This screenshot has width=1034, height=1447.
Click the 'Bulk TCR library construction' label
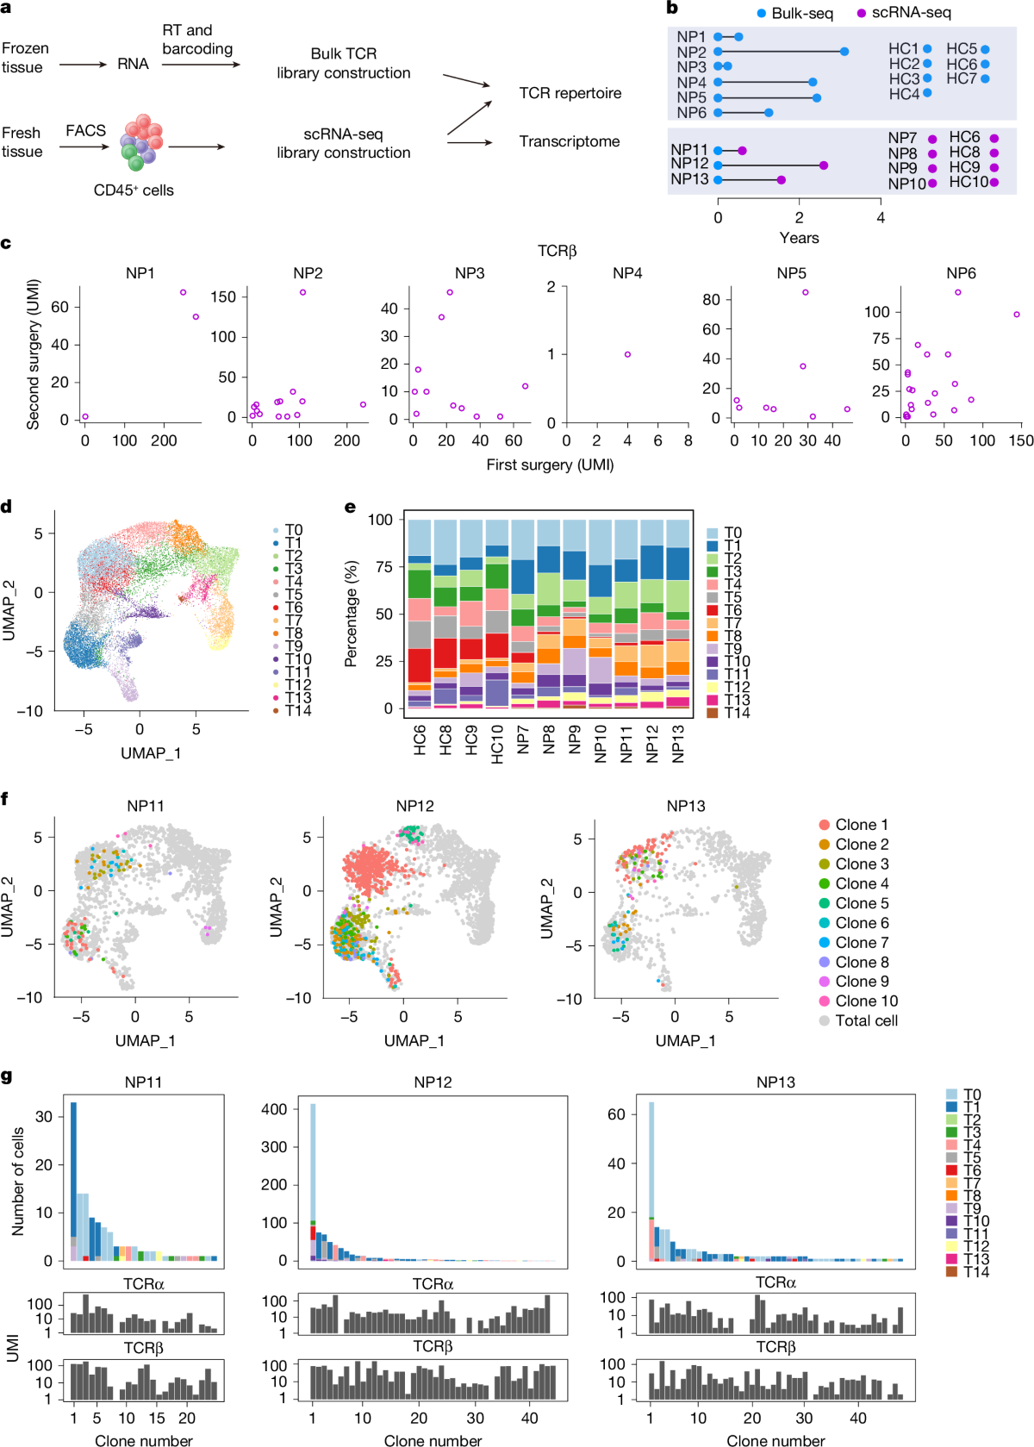tap(343, 64)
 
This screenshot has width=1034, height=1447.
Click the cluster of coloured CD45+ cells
tap(141, 142)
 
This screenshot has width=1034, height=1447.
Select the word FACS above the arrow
tap(85, 130)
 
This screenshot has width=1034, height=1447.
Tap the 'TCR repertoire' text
tap(570, 93)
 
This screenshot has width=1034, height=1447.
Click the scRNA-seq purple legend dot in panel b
tap(861, 13)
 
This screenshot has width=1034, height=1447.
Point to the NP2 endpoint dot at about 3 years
tap(844, 52)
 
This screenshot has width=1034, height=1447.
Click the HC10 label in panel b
tap(969, 182)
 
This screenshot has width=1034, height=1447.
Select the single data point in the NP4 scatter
tap(627, 354)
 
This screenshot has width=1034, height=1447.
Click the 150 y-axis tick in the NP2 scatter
tap(223, 296)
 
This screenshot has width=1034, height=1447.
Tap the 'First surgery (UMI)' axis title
tap(550, 465)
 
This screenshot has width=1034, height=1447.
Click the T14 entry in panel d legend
tap(298, 710)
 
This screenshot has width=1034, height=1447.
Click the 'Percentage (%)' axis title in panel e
tap(351, 614)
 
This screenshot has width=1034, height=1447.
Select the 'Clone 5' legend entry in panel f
tap(862, 903)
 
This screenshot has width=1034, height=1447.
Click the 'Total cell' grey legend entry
tap(866, 1020)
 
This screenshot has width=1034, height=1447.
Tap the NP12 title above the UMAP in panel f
tap(414, 806)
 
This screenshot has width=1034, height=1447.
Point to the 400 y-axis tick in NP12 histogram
tap(274, 1109)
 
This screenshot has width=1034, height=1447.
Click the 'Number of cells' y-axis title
tap(18, 1181)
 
